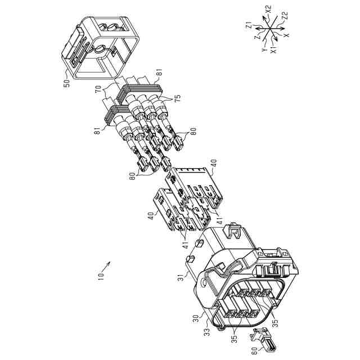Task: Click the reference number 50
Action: tap(66, 83)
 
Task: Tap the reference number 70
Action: tap(98, 89)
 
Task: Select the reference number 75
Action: tap(177, 98)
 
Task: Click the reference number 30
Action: tap(196, 318)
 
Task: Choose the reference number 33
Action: tap(207, 330)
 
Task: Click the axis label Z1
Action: tap(249, 25)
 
